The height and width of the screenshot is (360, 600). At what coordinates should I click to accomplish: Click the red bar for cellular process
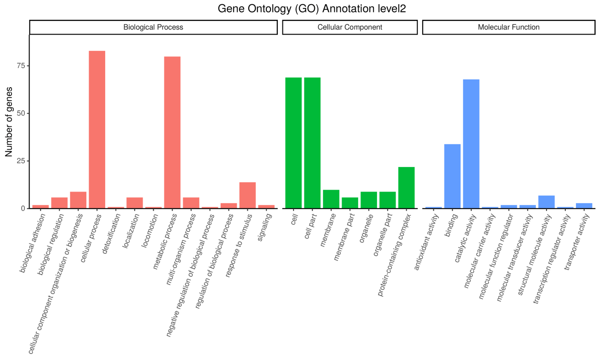[x=97, y=129]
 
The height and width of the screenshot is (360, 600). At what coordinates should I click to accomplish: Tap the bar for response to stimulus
[x=247, y=195]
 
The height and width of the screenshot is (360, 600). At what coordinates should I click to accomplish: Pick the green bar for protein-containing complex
[x=406, y=187]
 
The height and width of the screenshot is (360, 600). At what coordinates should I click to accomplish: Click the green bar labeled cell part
[x=312, y=143]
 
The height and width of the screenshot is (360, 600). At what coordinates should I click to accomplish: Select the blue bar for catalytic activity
[x=471, y=144]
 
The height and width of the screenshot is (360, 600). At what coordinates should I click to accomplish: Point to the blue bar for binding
[x=452, y=176]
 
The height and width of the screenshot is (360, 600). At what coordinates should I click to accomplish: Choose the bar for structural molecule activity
[x=546, y=202]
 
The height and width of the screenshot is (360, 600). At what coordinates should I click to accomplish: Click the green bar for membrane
[x=331, y=199]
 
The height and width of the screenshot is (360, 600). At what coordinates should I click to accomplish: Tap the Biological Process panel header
[x=153, y=27]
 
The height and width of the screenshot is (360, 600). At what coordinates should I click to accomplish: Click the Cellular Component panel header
[x=350, y=27]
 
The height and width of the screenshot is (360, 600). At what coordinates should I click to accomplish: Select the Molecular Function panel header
[x=509, y=27]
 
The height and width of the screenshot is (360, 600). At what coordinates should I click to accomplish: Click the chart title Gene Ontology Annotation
[x=312, y=9]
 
